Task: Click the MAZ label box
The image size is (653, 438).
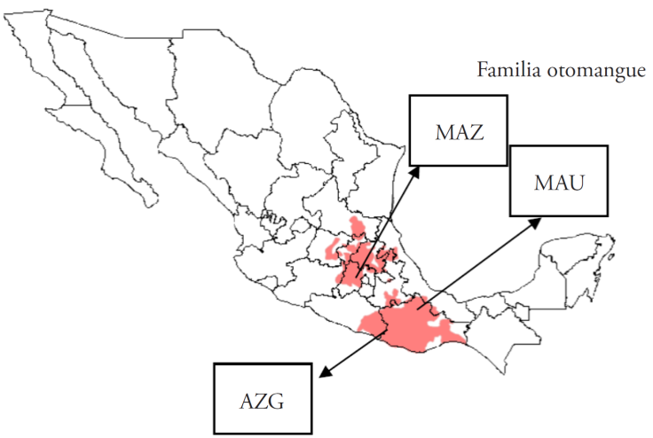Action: point(458,130)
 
